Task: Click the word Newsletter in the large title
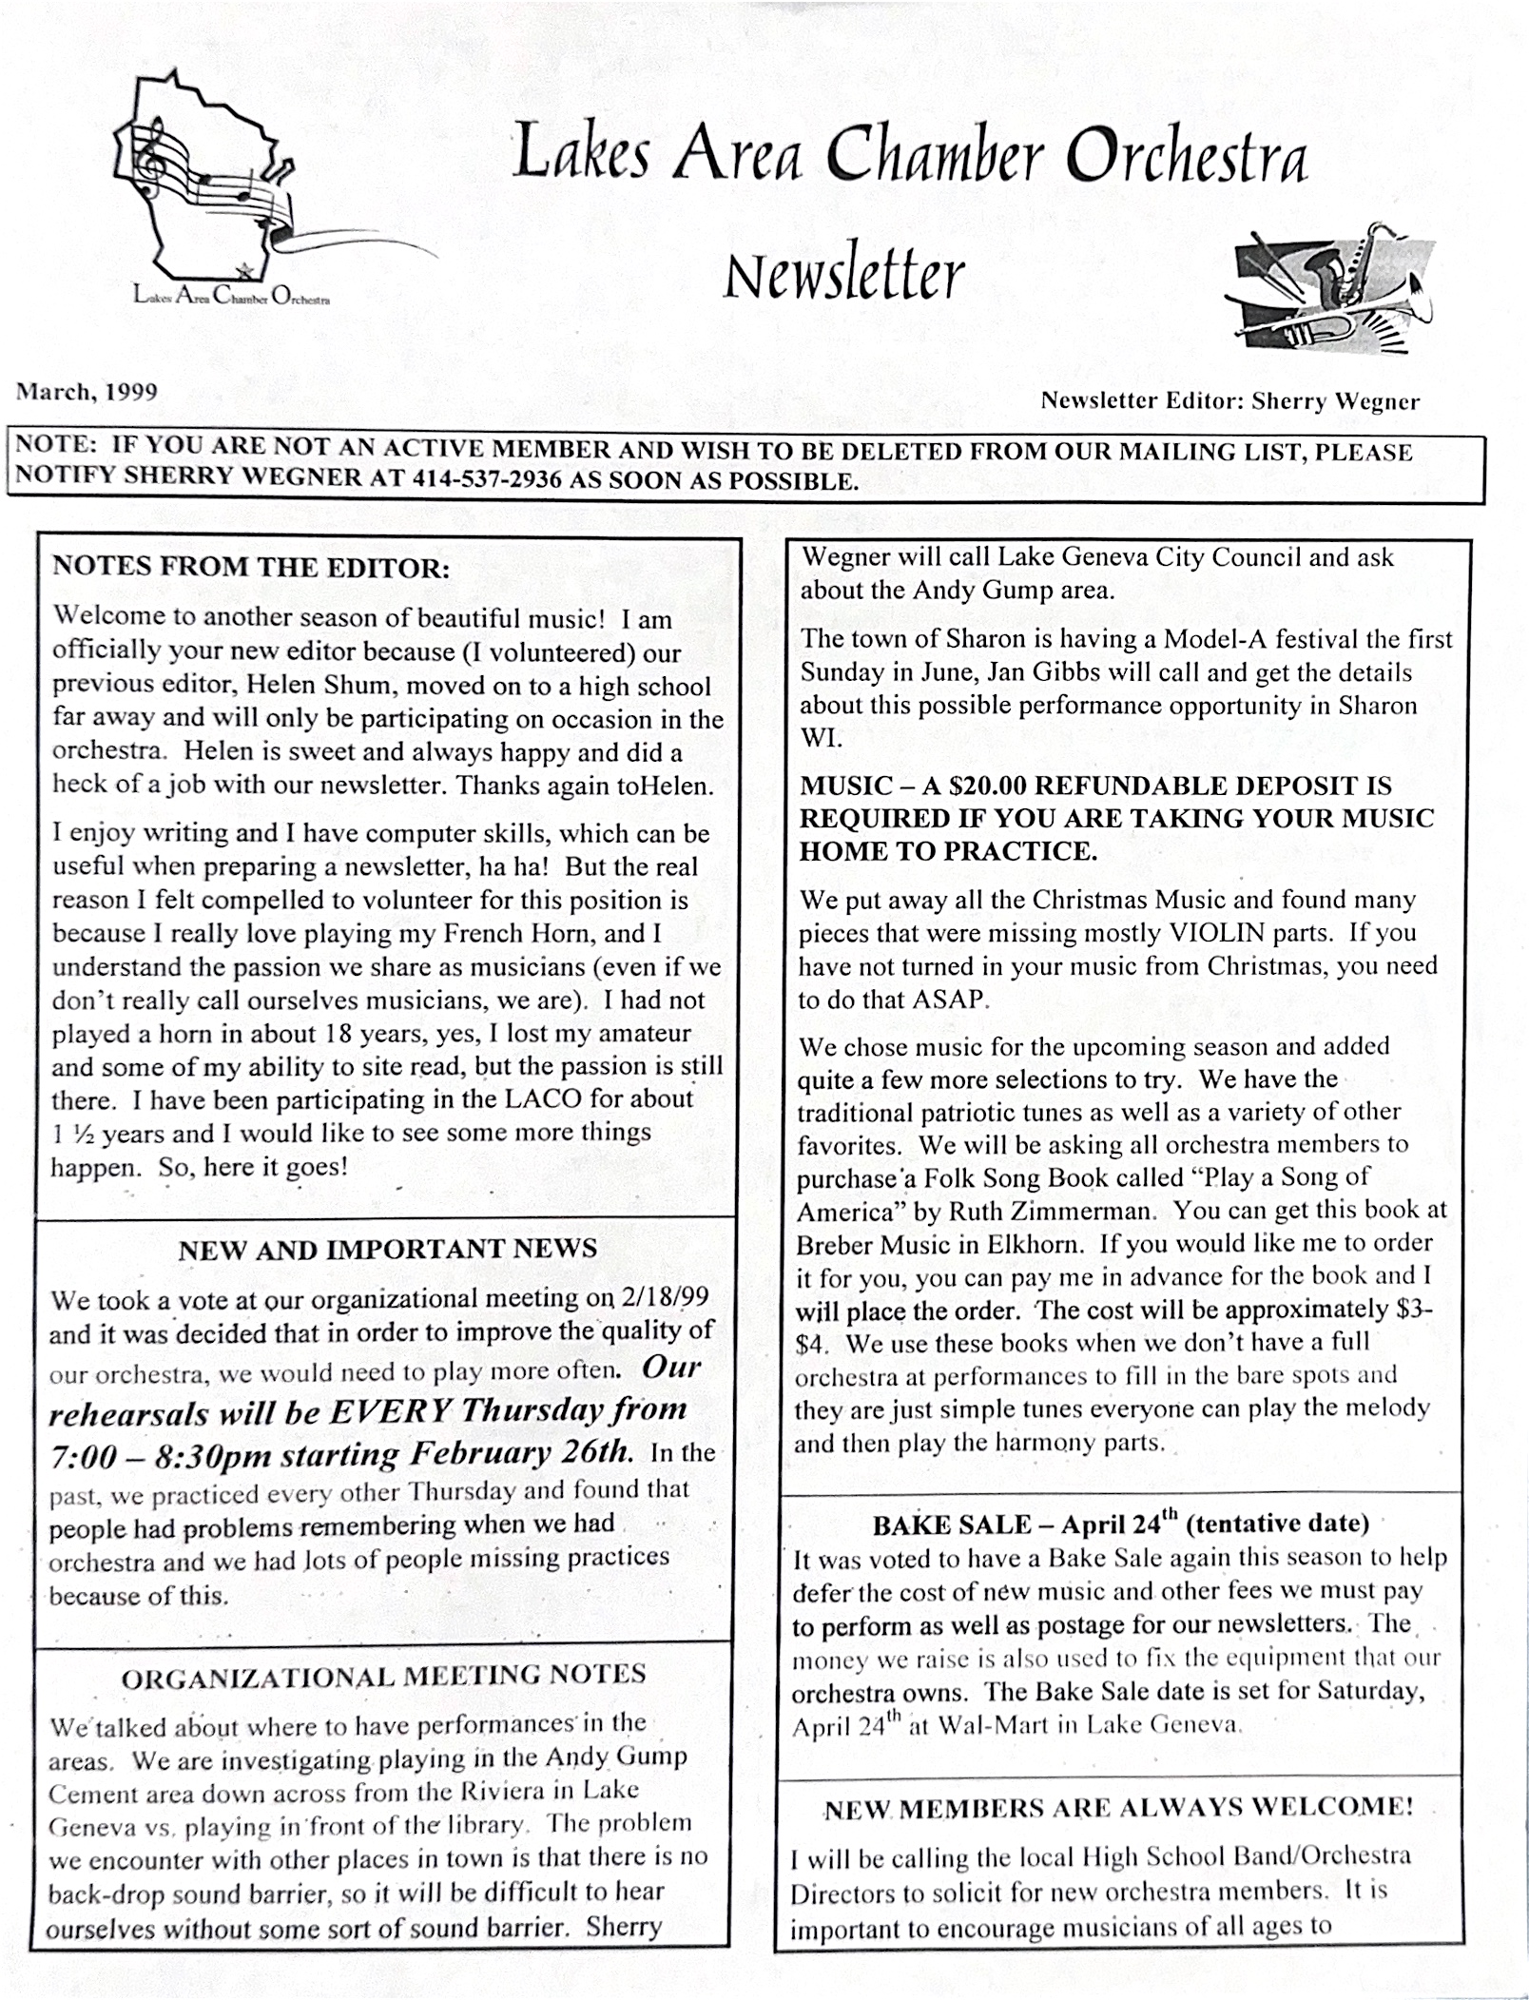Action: tap(843, 274)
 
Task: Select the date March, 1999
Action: tap(86, 392)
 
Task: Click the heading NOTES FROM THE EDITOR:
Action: tap(251, 568)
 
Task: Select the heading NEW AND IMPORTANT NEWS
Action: tap(387, 1249)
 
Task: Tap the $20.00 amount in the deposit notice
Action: tap(981, 786)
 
